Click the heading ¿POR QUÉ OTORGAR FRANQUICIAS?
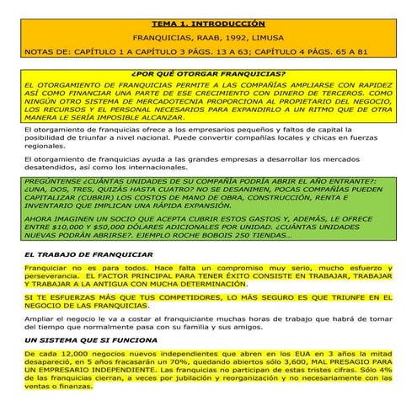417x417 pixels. pyautogui.click(x=208, y=73)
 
